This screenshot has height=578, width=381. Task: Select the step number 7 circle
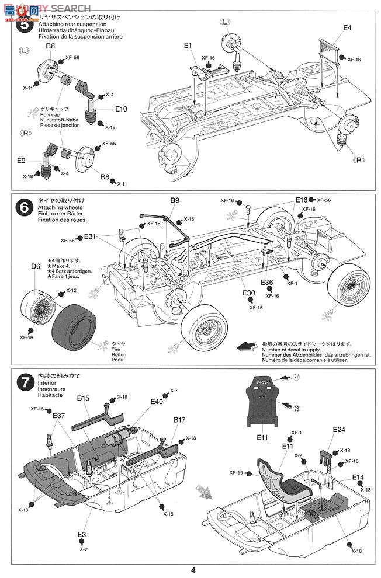[x=24, y=384]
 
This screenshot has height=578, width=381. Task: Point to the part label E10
[x=122, y=109]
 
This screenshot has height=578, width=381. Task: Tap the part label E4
[x=347, y=28]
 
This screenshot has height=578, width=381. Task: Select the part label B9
[x=175, y=200]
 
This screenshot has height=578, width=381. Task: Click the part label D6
[x=34, y=266]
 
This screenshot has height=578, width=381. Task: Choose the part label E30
[x=250, y=293]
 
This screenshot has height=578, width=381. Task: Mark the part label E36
[x=267, y=282]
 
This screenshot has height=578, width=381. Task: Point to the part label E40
[x=157, y=402]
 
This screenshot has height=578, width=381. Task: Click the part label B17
[x=179, y=419]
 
